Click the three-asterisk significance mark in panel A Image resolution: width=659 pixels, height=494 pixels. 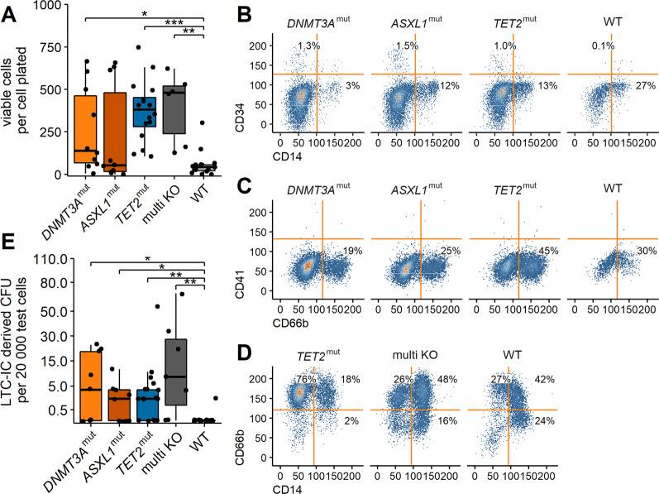point(174,23)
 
